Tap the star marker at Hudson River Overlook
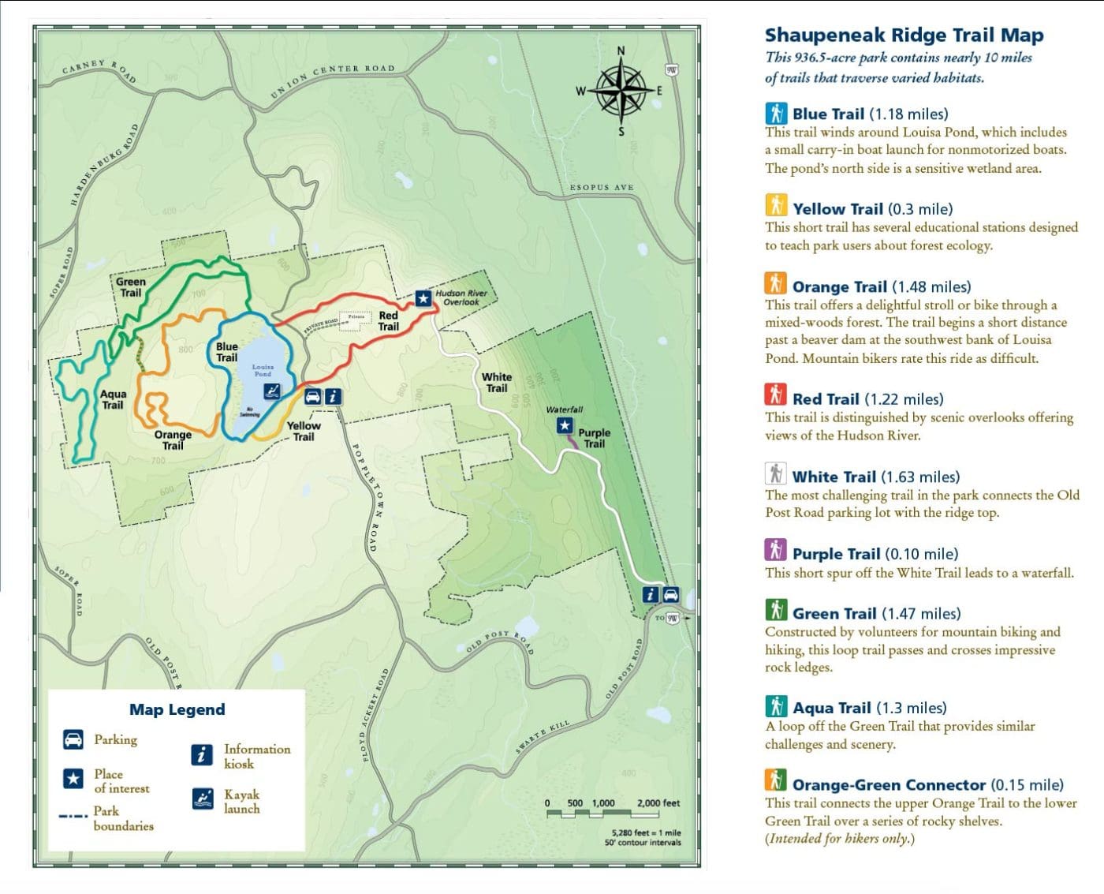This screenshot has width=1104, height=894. (x=423, y=298)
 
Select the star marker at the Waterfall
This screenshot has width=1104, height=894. (x=565, y=426)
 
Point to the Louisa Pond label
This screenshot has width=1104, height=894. (x=263, y=370)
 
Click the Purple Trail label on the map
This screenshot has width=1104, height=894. (x=594, y=438)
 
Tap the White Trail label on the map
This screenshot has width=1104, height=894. (x=497, y=383)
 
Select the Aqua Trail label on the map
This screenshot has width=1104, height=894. (x=113, y=399)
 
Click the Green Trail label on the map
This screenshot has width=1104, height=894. (x=131, y=287)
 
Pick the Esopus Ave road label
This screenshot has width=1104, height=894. (x=602, y=188)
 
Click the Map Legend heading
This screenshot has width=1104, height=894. (x=177, y=709)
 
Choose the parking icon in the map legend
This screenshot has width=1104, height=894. (x=73, y=739)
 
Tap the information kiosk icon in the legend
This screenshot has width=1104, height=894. (x=202, y=755)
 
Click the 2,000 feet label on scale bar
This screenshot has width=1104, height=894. (x=658, y=803)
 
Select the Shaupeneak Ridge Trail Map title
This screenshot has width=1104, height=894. (x=904, y=36)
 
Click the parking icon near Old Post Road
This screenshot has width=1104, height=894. (x=670, y=595)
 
